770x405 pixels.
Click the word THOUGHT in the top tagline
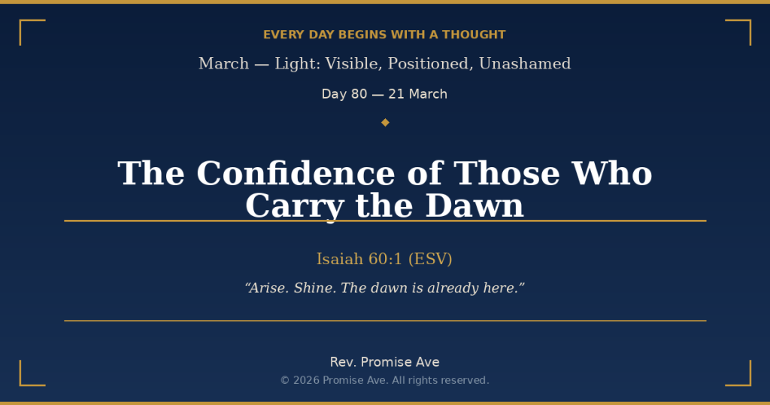coord(474,35)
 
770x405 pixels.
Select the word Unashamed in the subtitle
coord(525,64)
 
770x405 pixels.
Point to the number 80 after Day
coord(359,94)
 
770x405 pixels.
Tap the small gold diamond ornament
coord(385,122)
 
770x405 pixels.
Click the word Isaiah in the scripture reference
coord(339,259)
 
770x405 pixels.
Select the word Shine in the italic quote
coord(314,288)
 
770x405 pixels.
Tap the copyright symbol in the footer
coord(285,381)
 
